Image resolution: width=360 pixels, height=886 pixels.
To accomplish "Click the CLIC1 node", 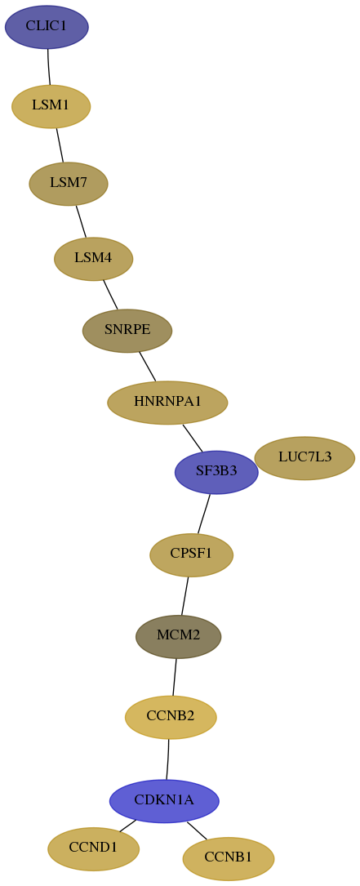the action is click(47, 27).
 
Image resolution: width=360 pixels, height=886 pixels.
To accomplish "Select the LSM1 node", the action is click(51, 106).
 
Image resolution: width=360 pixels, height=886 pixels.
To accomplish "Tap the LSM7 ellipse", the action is click(69, 184).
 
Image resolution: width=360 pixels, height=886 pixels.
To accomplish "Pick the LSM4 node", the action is click(93, 259).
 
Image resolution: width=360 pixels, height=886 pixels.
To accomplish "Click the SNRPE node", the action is click(127, 331).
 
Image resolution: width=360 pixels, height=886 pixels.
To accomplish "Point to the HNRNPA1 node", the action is click(167, 403).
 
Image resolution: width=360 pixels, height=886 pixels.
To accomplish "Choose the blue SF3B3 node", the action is click(216, 472).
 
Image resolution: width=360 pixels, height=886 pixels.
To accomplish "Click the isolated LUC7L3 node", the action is click(304, 457).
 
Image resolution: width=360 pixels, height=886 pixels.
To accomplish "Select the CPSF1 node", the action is click(191, 555).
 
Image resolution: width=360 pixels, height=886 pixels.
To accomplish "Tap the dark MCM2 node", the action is click(179, 637).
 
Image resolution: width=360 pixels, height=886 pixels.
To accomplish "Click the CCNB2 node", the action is click(171, 717).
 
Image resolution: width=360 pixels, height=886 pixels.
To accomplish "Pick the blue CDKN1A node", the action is click(164, 801).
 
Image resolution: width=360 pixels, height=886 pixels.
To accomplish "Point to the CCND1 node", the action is click(93, 848).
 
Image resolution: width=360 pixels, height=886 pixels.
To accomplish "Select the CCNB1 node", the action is click(229, 858).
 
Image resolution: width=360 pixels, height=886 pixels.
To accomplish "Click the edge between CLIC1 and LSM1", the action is click(49, 67).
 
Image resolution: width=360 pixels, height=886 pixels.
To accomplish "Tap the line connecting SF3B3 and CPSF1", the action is click(203, 514).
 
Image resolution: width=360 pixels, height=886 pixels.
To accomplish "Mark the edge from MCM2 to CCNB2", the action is click(175, 677).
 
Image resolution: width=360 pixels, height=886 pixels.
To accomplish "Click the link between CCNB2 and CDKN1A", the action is click(168, 759).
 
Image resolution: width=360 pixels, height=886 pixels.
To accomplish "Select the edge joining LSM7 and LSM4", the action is click(81, 221).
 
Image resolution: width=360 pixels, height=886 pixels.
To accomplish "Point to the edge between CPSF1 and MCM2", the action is click(184, 596).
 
